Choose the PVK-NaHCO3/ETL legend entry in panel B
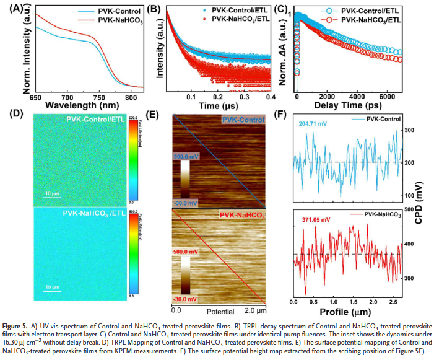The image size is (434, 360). (236, 21)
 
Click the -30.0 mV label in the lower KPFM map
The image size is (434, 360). (186, 299)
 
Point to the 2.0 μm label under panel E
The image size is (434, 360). (255, 309)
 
